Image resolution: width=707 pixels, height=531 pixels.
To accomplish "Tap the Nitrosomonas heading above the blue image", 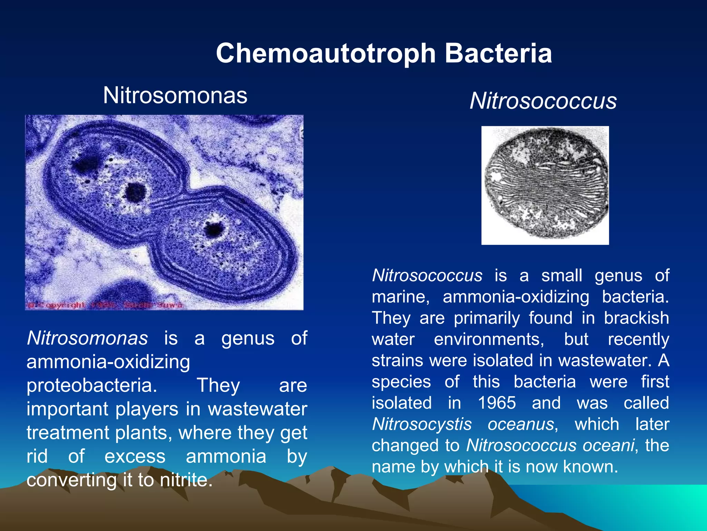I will tap(175, 95).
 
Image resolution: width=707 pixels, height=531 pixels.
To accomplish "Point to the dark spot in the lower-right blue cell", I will tap(214, 229).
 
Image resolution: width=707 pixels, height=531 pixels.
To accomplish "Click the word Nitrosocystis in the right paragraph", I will tap(422, 424).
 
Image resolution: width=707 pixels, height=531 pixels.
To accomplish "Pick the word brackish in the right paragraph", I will tap(636, 318).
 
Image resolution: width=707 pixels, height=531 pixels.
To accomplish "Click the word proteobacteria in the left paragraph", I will tap(92, 385).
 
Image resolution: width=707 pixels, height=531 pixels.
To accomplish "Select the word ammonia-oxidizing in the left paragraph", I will tap(108, 362).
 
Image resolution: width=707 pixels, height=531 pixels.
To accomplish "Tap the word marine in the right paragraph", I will tap(400, 297).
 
